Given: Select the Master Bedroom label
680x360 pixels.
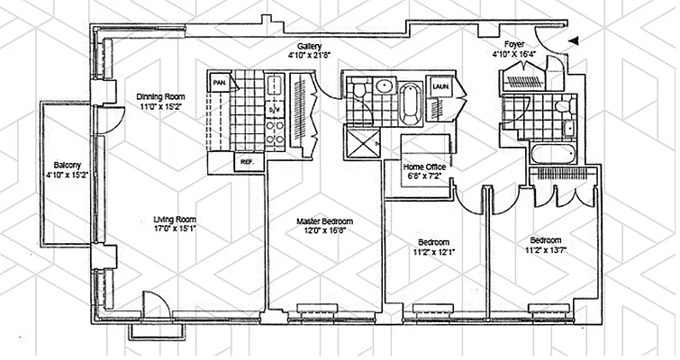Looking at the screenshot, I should [x=324, y=220].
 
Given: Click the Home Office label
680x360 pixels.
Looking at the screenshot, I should [x=424, y=166].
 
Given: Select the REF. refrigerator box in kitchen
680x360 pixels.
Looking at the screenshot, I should [x=246, y=162].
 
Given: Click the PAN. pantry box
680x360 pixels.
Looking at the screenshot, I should [x=219, y=83].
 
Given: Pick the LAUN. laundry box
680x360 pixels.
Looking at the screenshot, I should [x=441, y=86].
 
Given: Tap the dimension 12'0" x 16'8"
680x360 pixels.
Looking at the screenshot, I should [x=324, y=231].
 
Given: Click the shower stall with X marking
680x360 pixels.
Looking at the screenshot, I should [x=362, y=143].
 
